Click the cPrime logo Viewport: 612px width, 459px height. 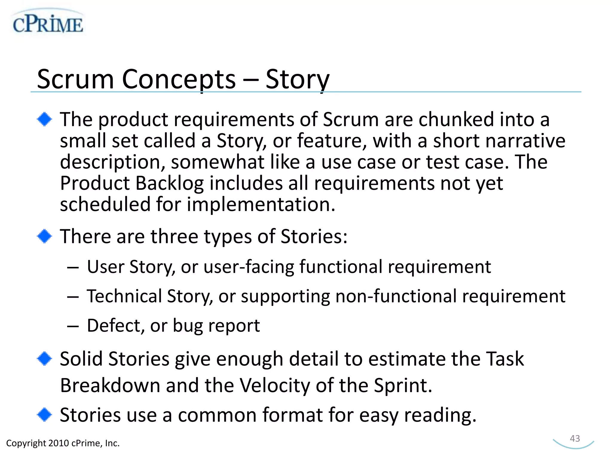[x=48, y=23]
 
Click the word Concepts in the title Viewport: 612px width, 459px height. [x=179, y=79]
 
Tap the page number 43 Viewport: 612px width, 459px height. [x=575, y=438]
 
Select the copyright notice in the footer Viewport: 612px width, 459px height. [x=63, y=443]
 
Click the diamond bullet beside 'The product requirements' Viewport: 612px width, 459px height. [x=45, y=119]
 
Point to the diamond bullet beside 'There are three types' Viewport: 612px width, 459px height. [x=45, y=236]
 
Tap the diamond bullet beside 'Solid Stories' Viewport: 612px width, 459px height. [x=45, y=359]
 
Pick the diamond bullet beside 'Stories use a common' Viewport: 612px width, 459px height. [x=45, y=415]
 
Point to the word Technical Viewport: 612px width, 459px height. [x=124, y=296]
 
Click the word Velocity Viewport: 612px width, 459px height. [x=275, y=385]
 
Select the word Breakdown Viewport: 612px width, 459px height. [x=110, y=385]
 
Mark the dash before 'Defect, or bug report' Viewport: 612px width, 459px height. [x=73, y=326]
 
